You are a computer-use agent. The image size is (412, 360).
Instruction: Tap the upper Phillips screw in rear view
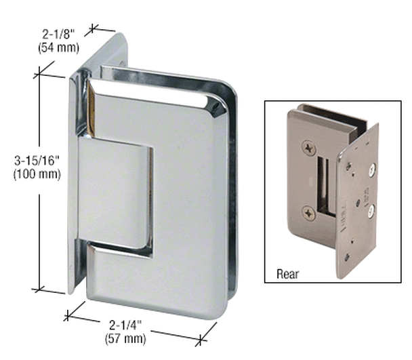310,146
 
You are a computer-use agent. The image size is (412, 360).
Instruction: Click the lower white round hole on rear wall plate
371,212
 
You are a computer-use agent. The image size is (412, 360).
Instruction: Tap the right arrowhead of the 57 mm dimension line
202,340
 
